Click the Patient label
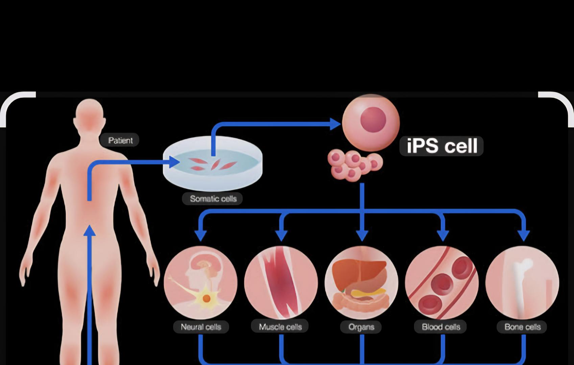click(x=120, y=140)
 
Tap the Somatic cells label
click(x=213, y=198)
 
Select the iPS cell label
click(x=442, y=146)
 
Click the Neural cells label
click(x=201, y=327)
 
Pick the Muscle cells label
click(x=280, y=327)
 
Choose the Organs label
click(x=361, y=327)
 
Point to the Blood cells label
click(x=441, y=327)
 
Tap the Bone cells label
click(x=522, y=327)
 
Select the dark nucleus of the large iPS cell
click(x=373, y=119)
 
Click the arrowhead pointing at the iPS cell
click(x=335, y=124)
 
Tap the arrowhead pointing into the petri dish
click(x=174, y=162)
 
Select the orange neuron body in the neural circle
click(x=207, y=298)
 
